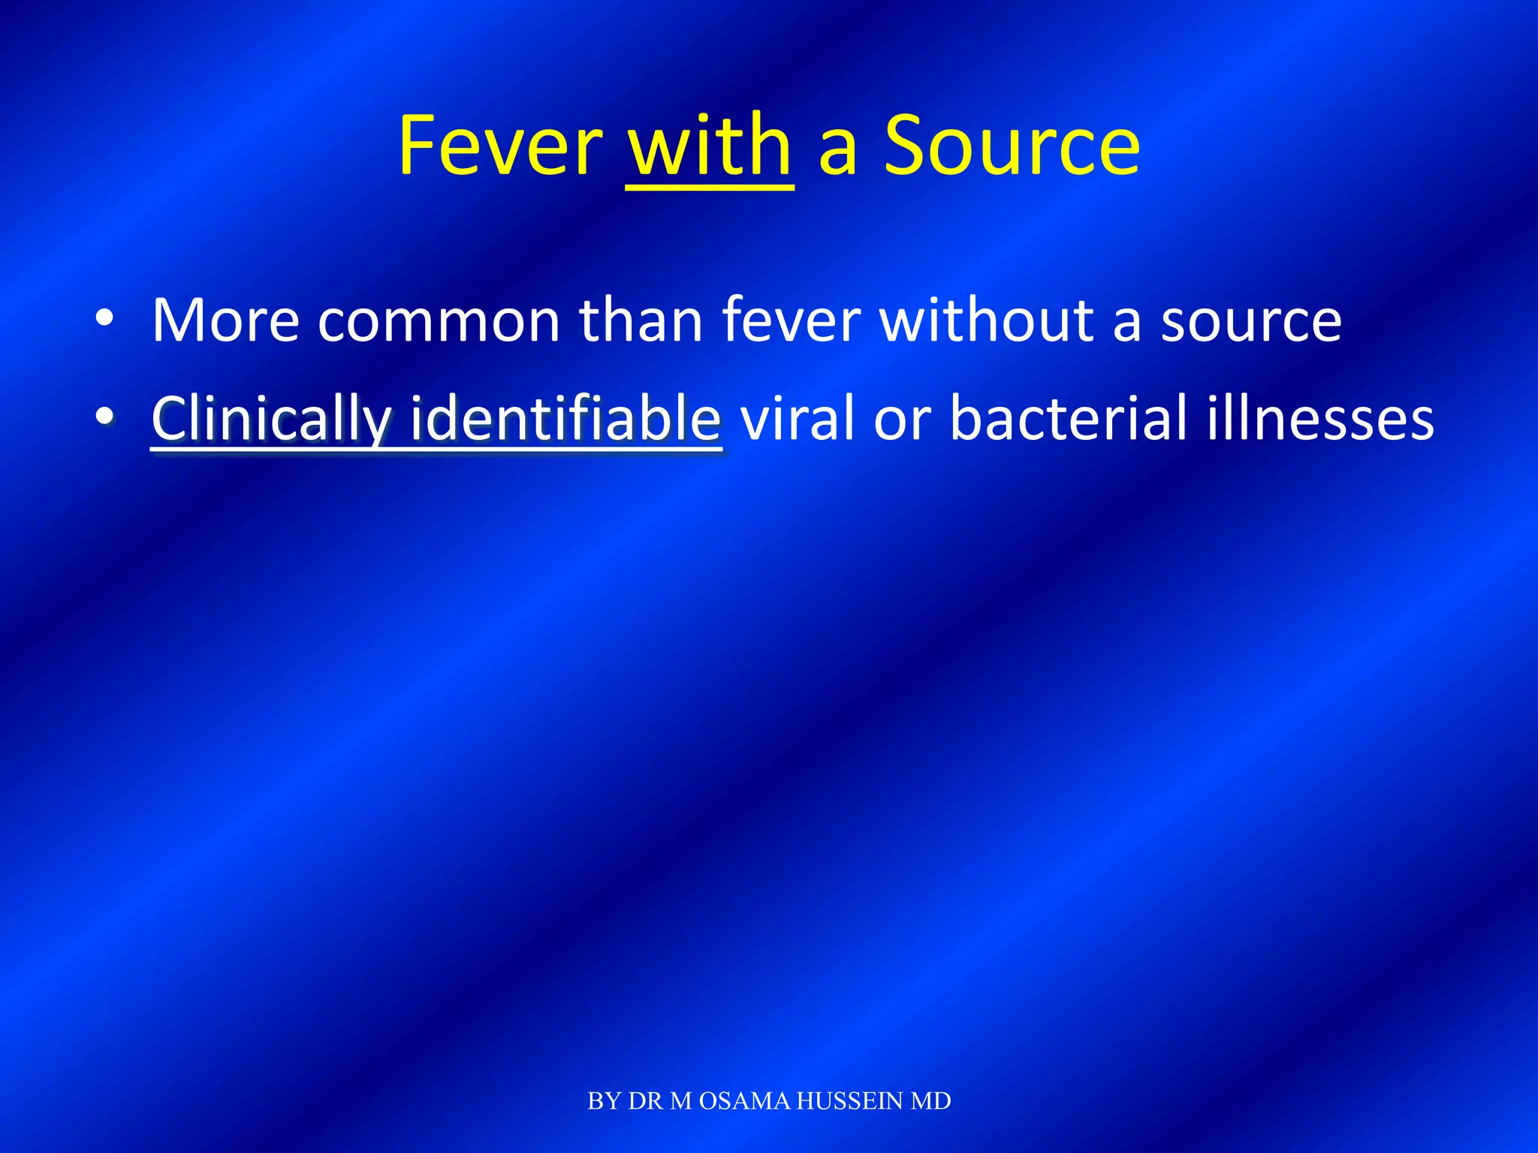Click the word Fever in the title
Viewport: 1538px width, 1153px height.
click(500, 146)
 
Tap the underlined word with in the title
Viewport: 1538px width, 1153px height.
click(710, 146)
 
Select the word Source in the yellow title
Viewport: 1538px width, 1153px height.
click(1012, 146)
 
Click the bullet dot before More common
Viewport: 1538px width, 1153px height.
click(105, 319)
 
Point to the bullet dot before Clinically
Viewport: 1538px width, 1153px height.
click(105, 416)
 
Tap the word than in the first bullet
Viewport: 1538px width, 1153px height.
click(641, 321)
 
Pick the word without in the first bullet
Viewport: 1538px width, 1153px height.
click(985, 321)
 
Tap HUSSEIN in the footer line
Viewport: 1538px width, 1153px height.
click(849, 1101)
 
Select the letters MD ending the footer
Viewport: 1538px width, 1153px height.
click(930, 1101)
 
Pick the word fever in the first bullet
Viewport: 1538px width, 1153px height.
click(791, 321)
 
